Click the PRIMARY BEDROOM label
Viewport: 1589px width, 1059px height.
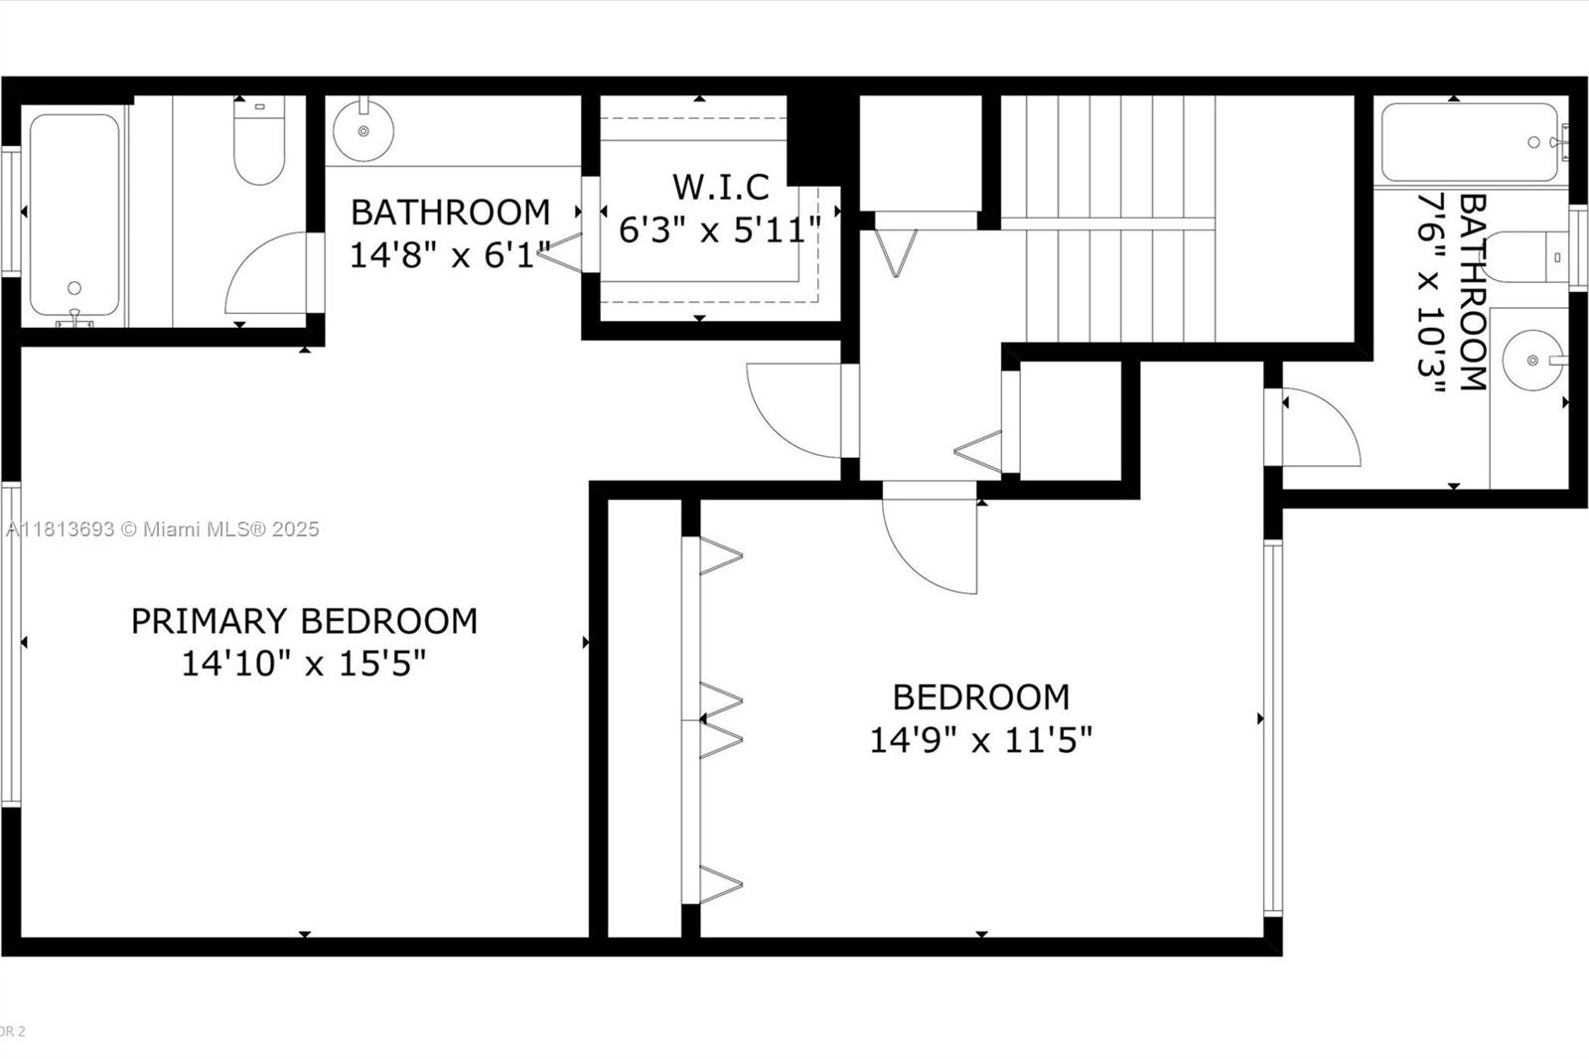tap(304, 621)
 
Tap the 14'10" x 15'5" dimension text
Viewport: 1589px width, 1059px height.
tap(304, 664)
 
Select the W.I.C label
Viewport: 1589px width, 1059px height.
tap(721, 188)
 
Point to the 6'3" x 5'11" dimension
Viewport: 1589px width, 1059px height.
tap(720, 229)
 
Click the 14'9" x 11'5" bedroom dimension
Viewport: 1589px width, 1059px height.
tap(981, 740)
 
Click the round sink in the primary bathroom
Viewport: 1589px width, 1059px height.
tap(363, 130)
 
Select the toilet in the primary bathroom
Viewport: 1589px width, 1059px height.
tap(259, 140)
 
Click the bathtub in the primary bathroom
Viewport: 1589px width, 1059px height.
tap(74, 216)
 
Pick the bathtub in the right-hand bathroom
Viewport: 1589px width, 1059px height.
tap(1471, 142)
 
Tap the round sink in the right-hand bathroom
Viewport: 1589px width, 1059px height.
tap(1532, 360)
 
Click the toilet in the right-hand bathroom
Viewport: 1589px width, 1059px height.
tap(1525, 256)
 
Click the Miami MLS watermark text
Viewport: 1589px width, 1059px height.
tap(163, 529)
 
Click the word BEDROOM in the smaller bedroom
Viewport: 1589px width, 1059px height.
tap(981, 697)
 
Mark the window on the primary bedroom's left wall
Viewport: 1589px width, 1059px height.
tap(11, 644)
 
